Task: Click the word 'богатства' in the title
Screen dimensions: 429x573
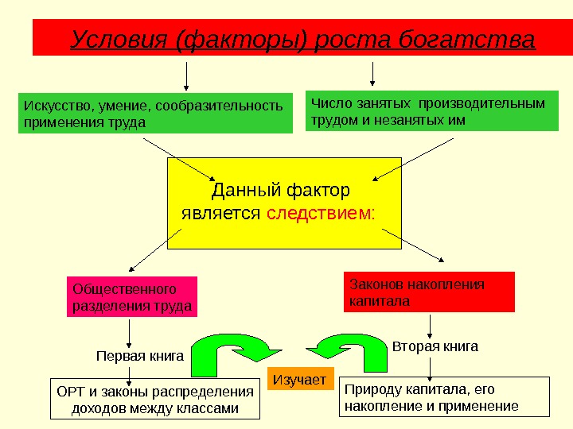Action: (477, 39)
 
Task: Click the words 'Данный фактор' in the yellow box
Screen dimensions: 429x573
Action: (280, 191)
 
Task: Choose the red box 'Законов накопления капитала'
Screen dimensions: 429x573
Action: (429, 292)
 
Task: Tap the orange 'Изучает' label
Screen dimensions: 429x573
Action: (300, 381)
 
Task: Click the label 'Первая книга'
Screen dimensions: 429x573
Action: (140, 356)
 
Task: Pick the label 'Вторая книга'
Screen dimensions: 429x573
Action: (435, 346)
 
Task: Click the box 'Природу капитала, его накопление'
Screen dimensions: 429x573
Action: (444, 397)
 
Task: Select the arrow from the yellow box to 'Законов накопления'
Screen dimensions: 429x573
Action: (413, 244)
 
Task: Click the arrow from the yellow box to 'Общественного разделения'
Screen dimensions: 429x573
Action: (156, 249)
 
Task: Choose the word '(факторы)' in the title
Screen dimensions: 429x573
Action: (242, 39)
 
